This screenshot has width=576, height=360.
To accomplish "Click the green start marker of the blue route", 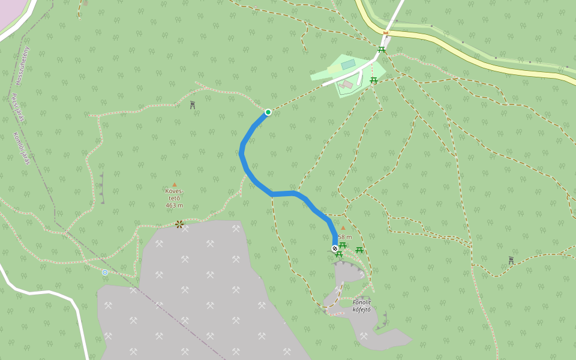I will tap(268, 112).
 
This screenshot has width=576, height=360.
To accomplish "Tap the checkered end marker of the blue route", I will tap(335, 248).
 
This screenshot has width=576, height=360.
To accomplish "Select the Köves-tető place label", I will tap(174, 194).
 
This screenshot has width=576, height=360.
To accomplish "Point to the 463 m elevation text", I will tap(174, 205).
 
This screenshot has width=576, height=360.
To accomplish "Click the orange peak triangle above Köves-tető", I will tap(175, 185).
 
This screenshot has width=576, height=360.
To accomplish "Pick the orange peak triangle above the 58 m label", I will tap(343, 228).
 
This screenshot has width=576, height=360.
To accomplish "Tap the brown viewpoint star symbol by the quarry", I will tap(179, 224).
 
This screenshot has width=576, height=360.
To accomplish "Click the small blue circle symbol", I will tap(105, 272).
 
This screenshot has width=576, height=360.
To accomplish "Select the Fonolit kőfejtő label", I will tap(361, 305).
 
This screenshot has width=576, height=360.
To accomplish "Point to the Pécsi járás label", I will tap(17, 107).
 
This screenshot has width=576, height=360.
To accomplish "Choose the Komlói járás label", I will tap(22, 148).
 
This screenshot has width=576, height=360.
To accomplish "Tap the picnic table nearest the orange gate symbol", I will tap(381, 49).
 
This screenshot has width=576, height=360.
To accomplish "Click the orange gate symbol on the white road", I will tap(386, 33).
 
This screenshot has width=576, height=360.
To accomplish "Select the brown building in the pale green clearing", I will tap(346, 85).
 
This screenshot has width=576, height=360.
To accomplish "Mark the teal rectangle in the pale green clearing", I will tap(348, 64).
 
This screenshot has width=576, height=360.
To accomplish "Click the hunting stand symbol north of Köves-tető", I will tap(193, 105).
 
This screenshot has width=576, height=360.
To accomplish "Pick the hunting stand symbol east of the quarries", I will tap(511, 260).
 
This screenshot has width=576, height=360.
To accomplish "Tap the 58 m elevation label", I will tap(345, 237).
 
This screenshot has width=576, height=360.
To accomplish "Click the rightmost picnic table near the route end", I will tap(359, 250).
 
